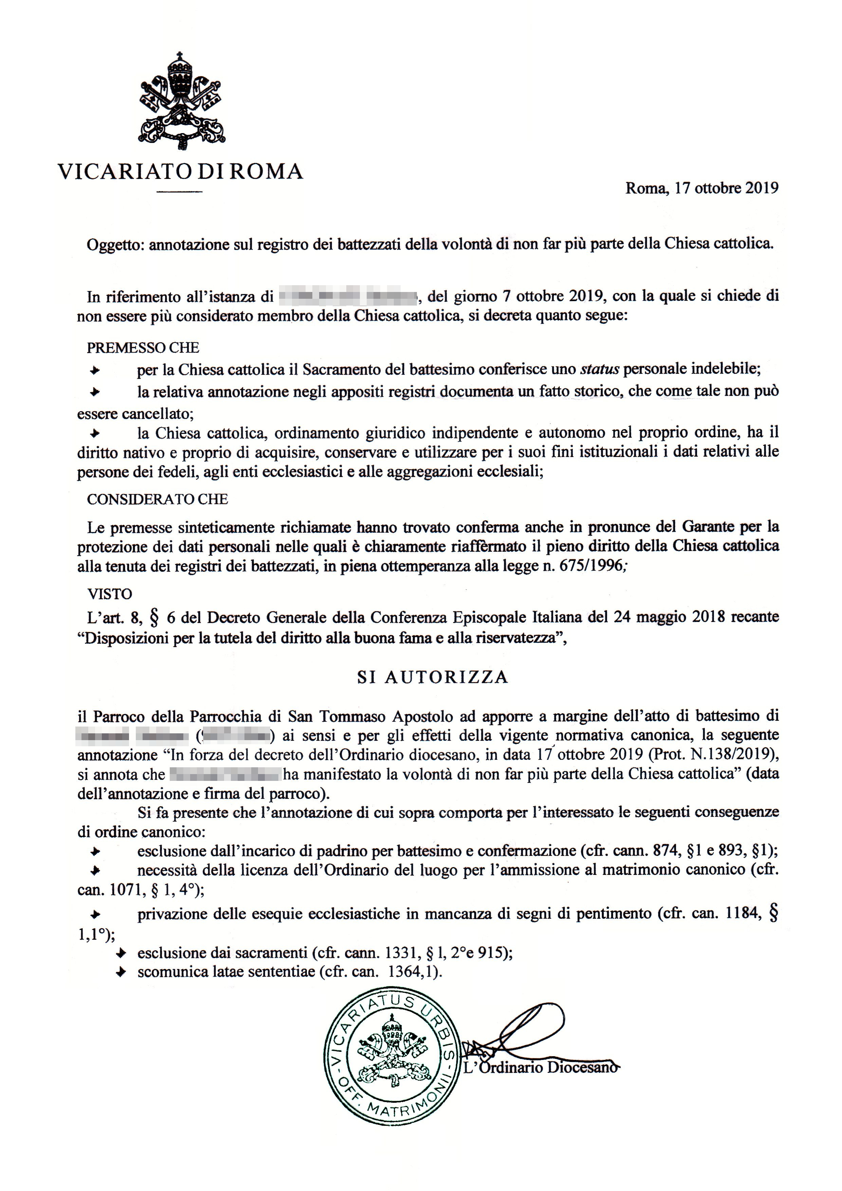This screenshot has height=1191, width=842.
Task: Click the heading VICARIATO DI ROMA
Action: click(180, 171)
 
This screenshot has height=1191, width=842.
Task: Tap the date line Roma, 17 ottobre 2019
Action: click(701, 188)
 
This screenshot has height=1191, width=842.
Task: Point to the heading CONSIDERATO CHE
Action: click(157, 499)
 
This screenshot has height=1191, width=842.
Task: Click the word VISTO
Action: click(109, 594)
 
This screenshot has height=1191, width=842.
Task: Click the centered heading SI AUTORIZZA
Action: click(433, 677)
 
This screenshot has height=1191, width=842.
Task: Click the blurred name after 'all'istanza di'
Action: click(348, 297)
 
